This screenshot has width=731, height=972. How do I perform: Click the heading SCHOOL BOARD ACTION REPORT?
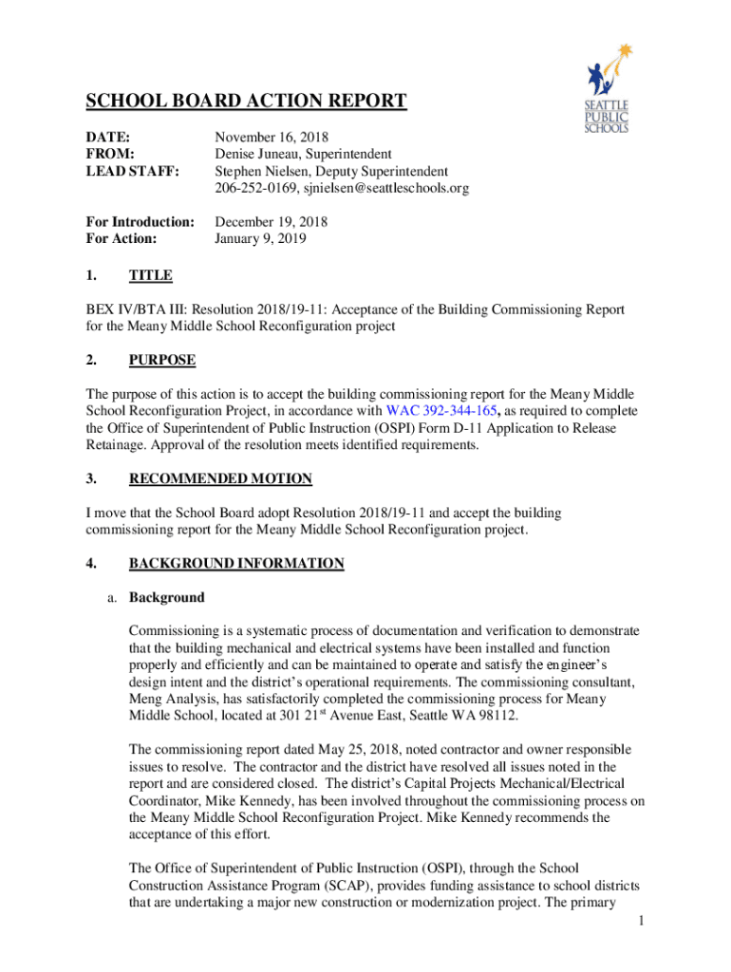247,102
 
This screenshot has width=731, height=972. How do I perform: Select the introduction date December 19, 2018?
271,222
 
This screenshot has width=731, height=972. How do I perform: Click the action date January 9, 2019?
260,239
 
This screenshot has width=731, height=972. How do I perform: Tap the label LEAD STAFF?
124,171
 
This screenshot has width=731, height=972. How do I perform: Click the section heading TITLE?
150,275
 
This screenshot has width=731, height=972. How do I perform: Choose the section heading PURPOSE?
162,360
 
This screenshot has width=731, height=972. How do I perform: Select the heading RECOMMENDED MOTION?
220,478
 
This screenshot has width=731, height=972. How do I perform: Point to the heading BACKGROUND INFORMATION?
236,564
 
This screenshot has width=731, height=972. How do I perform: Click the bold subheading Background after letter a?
166,598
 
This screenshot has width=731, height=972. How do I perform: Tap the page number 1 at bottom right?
643,920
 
